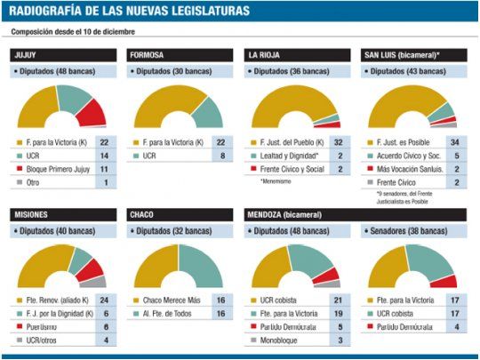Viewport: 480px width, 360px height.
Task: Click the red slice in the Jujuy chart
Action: [x=92, y=113]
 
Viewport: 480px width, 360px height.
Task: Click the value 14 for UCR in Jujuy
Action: [x=104, y=154]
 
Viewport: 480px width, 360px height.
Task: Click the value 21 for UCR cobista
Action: [x=339, y=300]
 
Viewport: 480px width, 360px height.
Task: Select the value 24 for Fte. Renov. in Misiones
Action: [x=104, y=300]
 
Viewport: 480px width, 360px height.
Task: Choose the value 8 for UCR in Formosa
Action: [x=221, y=154]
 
